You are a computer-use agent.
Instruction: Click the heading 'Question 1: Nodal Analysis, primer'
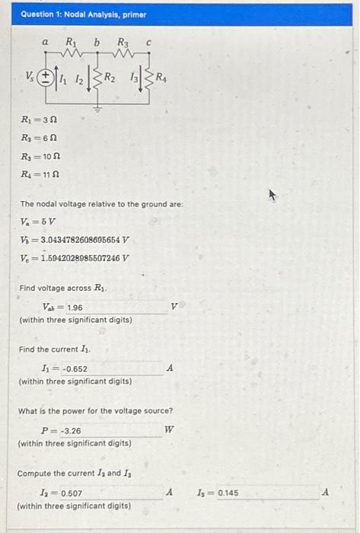pos(73,14)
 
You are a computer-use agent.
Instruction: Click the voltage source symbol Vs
pos(46,76)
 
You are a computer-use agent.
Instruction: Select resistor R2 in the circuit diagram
pos(97,76)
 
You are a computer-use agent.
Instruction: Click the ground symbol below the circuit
pos(97,107)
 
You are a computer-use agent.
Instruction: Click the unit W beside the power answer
pos(170,430)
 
